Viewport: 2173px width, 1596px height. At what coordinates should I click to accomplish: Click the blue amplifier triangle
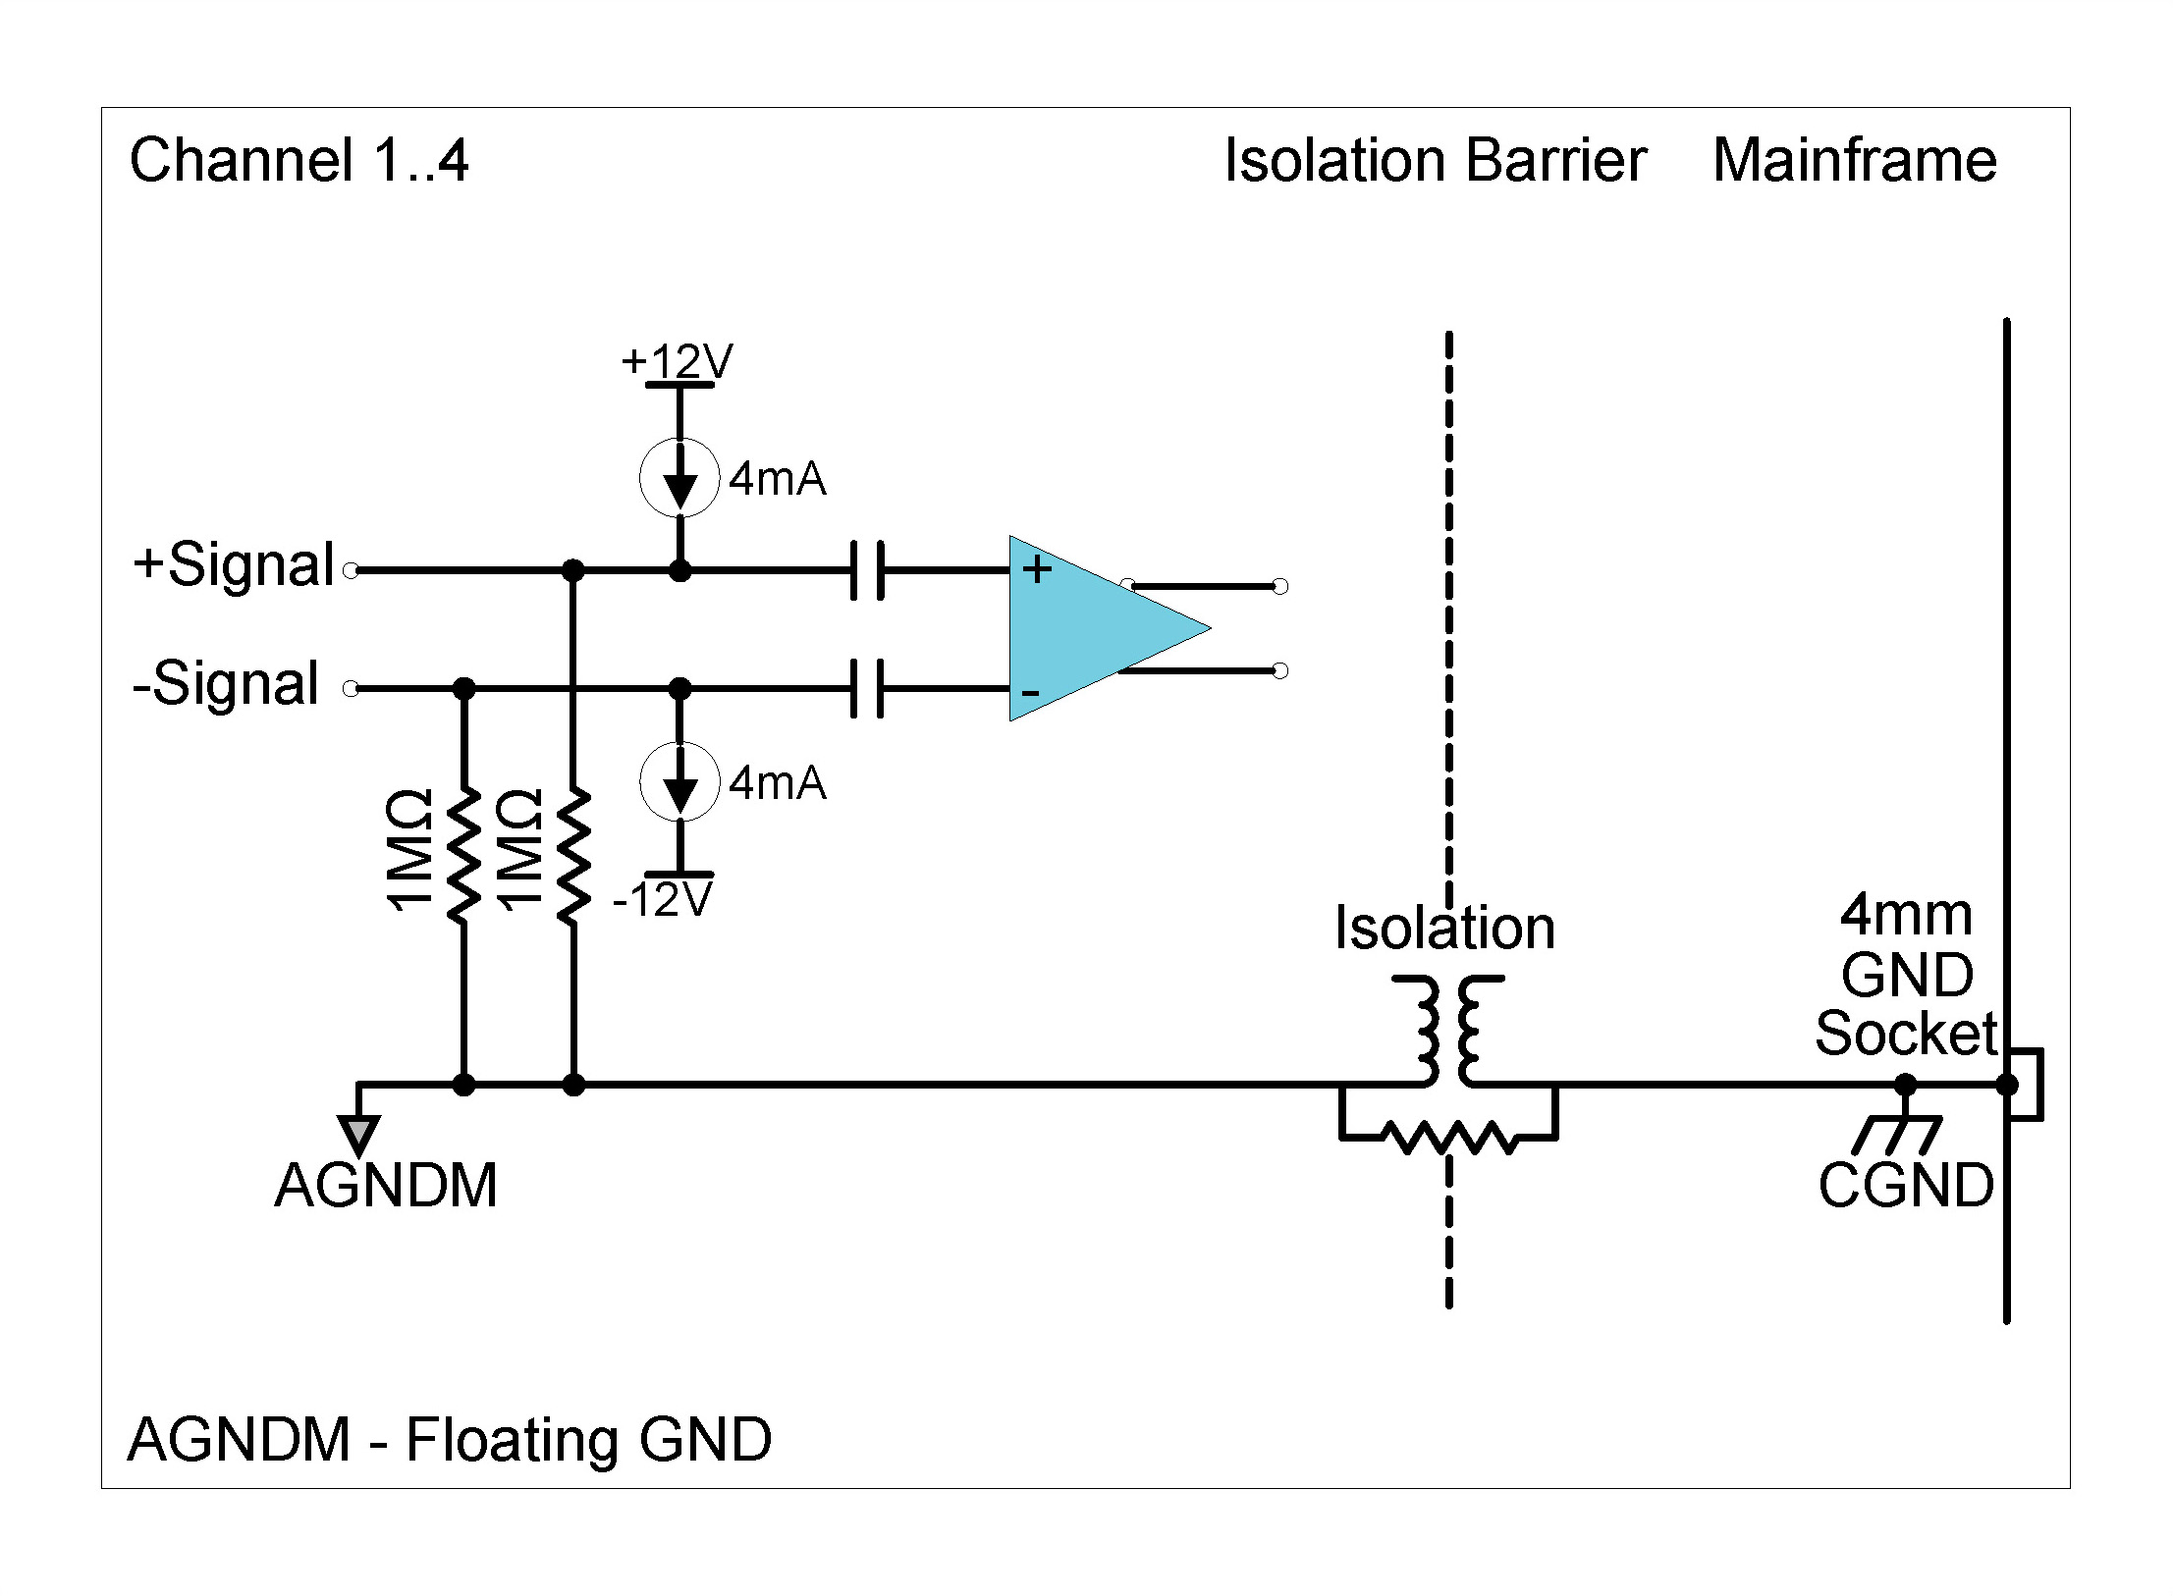click(x=1090, y=628)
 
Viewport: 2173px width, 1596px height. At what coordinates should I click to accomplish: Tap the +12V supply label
click(x=677, y=361)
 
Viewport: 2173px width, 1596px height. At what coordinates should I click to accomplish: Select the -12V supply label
click(x=662, y=899)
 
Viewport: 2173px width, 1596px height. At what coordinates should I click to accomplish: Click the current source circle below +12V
click(x=679, y=477)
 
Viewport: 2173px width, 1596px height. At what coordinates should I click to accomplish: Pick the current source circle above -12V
click(x=679, y=781)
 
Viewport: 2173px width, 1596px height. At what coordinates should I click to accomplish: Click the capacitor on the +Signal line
click(x=867, y=569)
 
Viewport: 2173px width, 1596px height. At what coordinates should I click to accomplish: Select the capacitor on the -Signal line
click(x=867, y=688)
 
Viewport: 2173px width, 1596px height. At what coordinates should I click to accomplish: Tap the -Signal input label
click(x=226, y=683)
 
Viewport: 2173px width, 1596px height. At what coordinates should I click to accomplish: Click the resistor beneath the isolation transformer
click(x=1447, y=1138)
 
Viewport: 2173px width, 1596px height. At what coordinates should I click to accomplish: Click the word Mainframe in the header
click(x=1854, y=160)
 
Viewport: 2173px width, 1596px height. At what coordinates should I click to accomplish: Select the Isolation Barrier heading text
click(x=1435, y=160)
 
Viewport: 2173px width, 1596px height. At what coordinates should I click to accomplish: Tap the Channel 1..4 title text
click(x=299, y=160)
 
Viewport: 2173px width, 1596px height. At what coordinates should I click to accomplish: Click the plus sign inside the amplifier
click(x=1037, y=569)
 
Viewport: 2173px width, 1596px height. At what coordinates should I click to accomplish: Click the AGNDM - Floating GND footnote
click(x=450, y=1440)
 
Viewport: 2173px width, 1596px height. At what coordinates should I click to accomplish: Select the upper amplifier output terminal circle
click(x=1279, y=586)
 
